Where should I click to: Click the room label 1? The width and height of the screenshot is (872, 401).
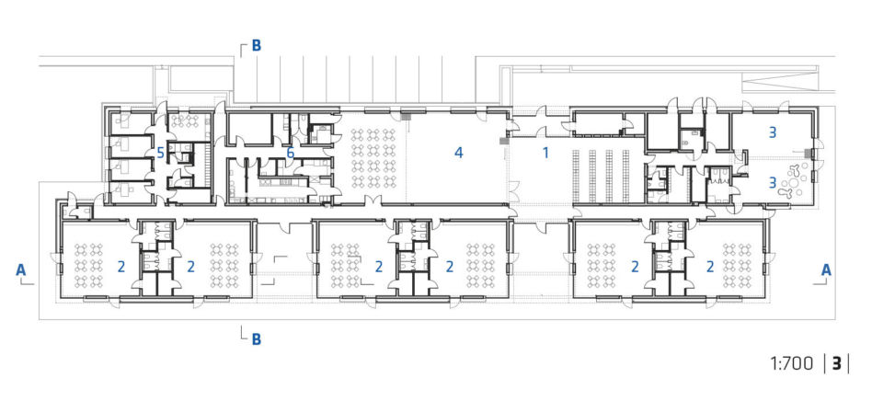tap(545, 153)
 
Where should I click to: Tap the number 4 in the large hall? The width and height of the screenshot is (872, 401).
tap(459, 153)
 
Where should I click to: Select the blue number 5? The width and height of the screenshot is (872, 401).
tap(160, 153)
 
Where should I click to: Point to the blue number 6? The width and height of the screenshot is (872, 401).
tap(290, 153)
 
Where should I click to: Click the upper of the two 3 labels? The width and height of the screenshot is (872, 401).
tap(772, 132)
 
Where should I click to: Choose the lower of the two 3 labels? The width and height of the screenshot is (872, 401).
tap(772, 182)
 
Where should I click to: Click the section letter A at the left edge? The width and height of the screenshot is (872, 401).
tap(20, 269)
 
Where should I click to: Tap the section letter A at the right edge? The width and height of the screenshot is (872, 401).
tap(826, 269)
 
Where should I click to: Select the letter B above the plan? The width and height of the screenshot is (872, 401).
tap(257, 46)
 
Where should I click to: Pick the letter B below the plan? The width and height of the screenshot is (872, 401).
tap(257, 339)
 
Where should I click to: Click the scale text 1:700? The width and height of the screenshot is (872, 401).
tap(792, 364)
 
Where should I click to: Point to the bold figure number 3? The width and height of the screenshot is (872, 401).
tap(836, 364)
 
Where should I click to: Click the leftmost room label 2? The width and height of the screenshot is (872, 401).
tap(121, 267)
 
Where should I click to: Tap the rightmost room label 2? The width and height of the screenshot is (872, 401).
tap(709, 267)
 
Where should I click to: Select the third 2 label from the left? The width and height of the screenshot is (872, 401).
tap(379, 267)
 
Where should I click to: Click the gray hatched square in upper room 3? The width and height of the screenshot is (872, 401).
tap(808, 152)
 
